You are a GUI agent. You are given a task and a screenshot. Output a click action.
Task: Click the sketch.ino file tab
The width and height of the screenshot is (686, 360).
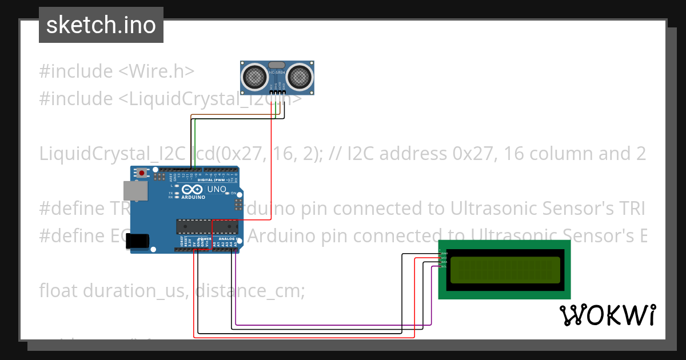[x=101, y=25]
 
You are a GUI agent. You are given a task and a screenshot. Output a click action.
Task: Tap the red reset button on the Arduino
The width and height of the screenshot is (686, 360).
[x=141, y=172]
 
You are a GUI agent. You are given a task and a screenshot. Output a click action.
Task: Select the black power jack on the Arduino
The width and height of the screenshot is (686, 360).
[x=138, y=241]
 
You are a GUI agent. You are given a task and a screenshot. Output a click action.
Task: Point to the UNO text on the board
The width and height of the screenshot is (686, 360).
[x=216, y=189]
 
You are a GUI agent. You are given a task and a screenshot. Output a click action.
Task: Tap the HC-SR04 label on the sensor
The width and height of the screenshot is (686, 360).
[x=277, y=71]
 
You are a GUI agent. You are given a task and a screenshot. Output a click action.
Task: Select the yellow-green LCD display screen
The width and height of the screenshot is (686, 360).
[x=505, y=270]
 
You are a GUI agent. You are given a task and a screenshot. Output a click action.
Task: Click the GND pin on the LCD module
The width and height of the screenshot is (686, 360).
[x=444, y=253]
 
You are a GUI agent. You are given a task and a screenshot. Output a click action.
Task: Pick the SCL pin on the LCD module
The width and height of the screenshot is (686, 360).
[x=444, y=266]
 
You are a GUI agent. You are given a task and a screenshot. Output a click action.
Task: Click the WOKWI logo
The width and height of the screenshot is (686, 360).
[x=607, y=315]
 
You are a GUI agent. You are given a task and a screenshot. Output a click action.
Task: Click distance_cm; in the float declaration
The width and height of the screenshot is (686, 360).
[x=250, y=291]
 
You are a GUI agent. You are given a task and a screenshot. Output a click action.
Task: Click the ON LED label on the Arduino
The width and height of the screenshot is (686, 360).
[x=234, y=193]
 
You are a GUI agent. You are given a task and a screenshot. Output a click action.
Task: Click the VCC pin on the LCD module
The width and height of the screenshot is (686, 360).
[x=444, y=258]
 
